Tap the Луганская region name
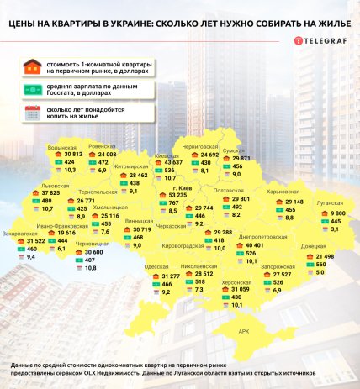point(331,204)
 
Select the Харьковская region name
point(283,192)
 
